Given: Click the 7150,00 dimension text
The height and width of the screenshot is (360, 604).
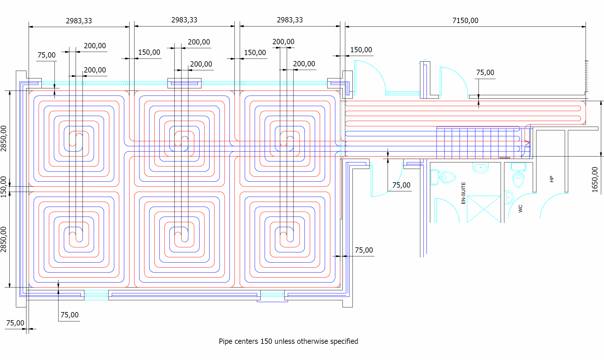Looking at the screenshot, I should coord(465,21).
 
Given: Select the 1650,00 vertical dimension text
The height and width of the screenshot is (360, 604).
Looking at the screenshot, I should coord(595,180).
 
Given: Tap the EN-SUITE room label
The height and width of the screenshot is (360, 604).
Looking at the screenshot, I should coord(463,193).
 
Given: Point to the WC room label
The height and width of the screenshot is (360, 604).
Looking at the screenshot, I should coord(520,208).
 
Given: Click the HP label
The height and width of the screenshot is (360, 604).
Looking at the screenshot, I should coord(552,179).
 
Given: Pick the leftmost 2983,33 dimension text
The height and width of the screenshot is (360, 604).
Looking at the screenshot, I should coord(79,21).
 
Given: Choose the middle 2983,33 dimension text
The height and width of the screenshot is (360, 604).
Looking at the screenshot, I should coord(184,20).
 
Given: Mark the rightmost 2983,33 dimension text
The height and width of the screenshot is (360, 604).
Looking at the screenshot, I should coord(290,20).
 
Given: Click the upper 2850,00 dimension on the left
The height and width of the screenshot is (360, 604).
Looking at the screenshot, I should coord(4,138).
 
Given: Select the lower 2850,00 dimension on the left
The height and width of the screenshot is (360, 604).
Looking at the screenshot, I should coord(4,239).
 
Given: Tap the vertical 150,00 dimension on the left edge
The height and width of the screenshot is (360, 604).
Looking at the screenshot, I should coord(4,187).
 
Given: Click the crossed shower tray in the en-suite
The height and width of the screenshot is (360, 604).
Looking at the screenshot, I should coord(484,209).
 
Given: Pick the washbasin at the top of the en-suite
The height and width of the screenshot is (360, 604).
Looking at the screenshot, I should coord(480,168).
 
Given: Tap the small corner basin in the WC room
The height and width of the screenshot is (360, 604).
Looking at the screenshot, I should coord(509,197).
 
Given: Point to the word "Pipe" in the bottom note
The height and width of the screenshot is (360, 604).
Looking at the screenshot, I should coord(225,341).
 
